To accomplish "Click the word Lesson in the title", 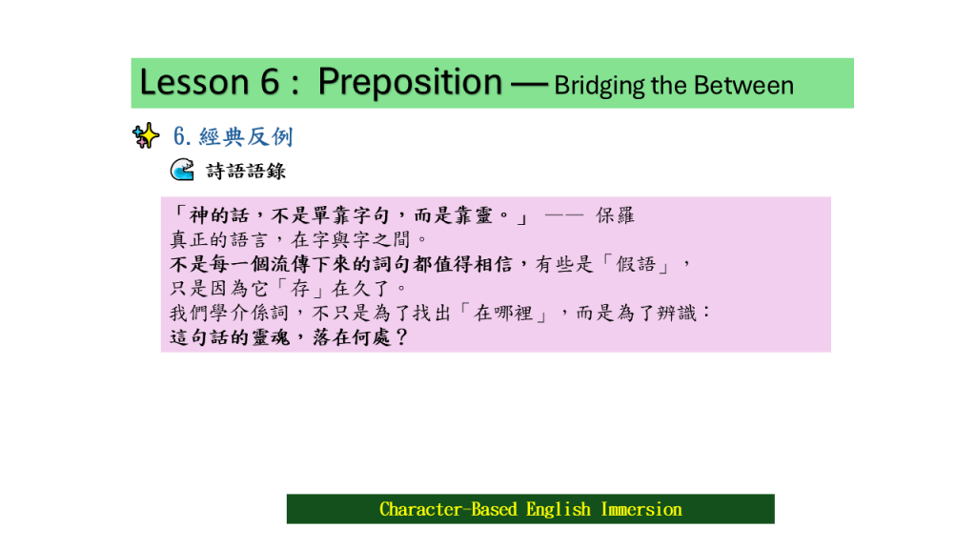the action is pos(194,82).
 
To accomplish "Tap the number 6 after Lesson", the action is pos(270,82).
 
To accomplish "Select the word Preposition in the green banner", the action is pos(410,84).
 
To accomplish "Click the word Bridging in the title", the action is pos(599,86).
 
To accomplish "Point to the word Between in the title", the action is pos(743,85).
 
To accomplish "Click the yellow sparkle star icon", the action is pos(146,135).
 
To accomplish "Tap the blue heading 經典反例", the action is pos(246,136).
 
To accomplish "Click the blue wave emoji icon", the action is pos(182,170).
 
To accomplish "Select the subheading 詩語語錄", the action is pos(246,171).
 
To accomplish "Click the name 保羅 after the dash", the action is pos(615,215).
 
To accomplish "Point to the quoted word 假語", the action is pos(636,264).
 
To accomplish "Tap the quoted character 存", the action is pos(300,288).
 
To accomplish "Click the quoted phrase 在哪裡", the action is pos(503,313).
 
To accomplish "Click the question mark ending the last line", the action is pos(401,337).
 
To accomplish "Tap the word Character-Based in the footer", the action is pos(448,509).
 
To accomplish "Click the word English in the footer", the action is pos(559,510).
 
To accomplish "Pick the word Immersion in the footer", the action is pos(641,509).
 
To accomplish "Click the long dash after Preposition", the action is pos(529,85).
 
